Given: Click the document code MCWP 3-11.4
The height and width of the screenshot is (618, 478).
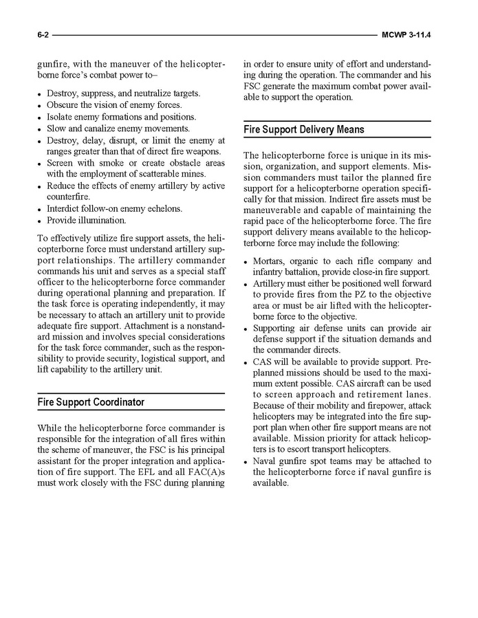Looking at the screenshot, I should coord(410,34).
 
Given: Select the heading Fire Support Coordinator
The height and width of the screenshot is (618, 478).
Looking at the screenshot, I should coord(91,402).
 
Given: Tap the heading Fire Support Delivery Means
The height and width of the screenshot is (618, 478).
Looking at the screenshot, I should coord(304,129).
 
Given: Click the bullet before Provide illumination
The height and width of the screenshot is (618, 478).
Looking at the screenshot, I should coord(41,221).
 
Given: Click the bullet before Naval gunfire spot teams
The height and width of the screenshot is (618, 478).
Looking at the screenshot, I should coord(247,461).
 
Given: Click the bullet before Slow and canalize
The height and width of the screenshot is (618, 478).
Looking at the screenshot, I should coord(41,129).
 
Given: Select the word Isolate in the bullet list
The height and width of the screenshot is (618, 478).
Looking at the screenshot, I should coord(61,117).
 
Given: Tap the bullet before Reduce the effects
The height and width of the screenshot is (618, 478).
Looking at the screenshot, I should coord(41,186).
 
